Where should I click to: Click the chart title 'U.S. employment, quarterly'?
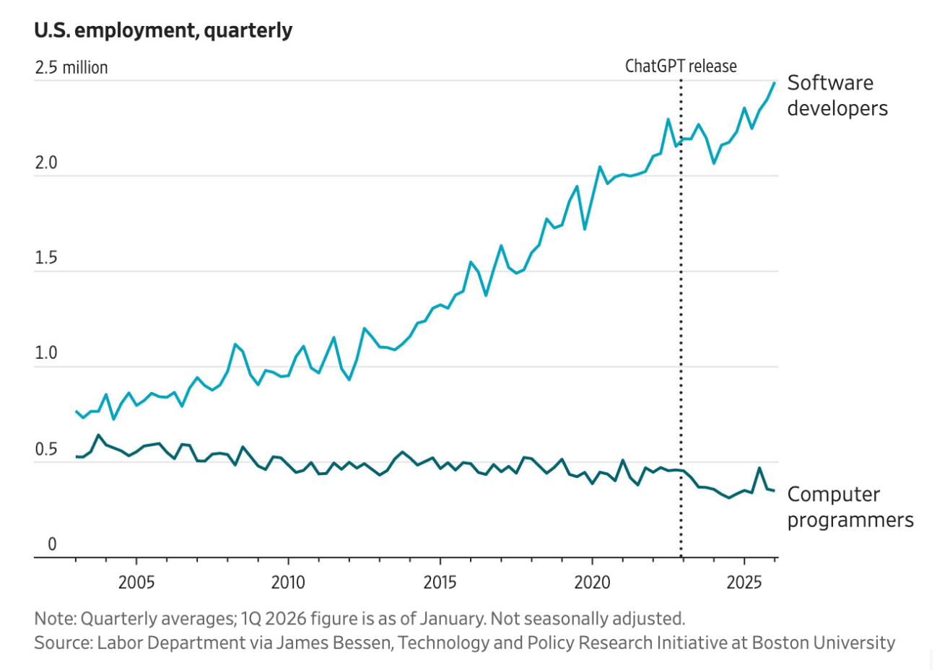163,30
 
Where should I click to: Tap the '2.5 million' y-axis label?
71,68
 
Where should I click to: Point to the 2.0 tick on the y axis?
45,163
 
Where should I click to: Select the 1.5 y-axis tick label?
45,258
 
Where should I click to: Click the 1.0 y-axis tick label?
45,354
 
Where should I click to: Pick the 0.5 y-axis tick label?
45,450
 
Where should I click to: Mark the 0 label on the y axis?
51,544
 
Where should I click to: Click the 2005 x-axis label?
136,582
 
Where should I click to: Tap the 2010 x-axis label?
288,582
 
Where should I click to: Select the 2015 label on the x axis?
440,582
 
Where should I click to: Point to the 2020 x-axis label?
592,582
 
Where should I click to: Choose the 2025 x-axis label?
744,582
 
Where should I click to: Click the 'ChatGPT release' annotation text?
681,66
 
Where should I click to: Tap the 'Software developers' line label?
837,95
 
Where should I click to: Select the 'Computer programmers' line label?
850,507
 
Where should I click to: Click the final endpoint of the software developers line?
775,82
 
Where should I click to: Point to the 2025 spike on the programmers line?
759,468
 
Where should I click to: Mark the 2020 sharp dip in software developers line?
584,229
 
